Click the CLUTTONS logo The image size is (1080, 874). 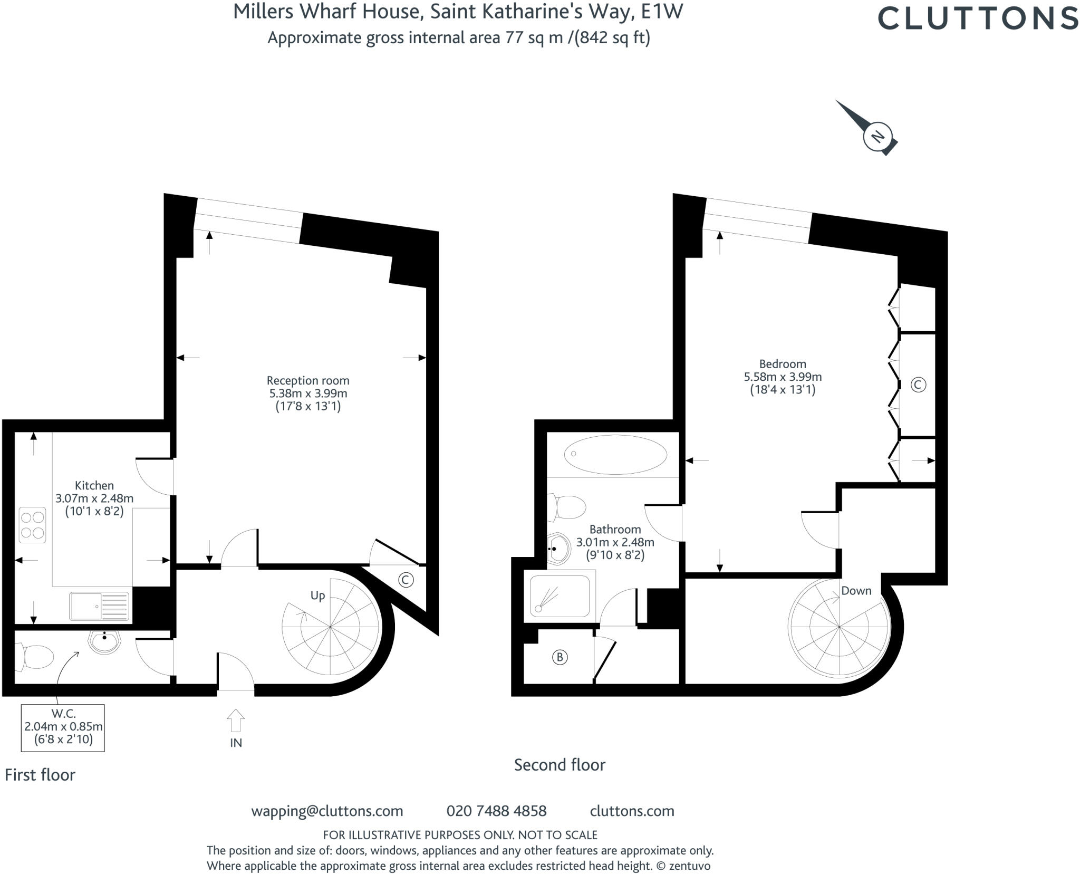click(x=977, y=18)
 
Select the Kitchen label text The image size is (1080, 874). click(x=94, y=485)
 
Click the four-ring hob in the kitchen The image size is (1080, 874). click(x=32, y=525)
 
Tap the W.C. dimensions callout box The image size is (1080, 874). click(x=63, y=727)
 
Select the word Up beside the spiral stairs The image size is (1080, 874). click(x=317, y=596)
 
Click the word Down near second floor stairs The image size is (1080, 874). click(x=856, y=591)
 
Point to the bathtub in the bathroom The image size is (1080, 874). click(x=615, y=454)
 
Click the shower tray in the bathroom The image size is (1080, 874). click(x=560, y=596)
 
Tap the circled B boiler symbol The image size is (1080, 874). click(x=560, y=657)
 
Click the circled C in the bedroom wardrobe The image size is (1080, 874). click(x=918, y=385)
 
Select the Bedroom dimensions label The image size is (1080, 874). click(x=783, y=377)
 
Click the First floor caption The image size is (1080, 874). click(x=40, y=775)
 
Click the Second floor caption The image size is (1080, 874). click(x=560, y=765)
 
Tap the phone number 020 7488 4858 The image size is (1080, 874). click(x=496, y=811)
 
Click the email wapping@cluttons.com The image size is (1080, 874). click(x=327, y=811)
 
